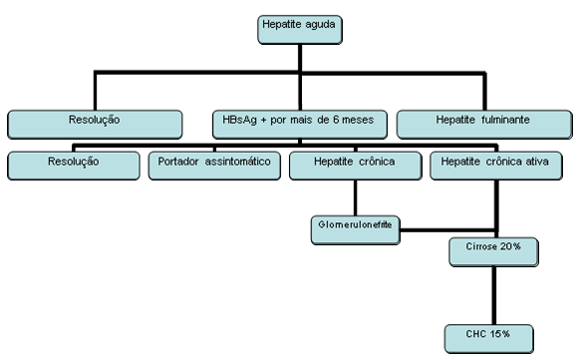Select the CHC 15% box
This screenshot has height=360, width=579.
click(494, 333)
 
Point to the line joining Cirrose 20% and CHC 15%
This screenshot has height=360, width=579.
click(494, 293)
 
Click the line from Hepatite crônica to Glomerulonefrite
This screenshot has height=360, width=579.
click(355, 197)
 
